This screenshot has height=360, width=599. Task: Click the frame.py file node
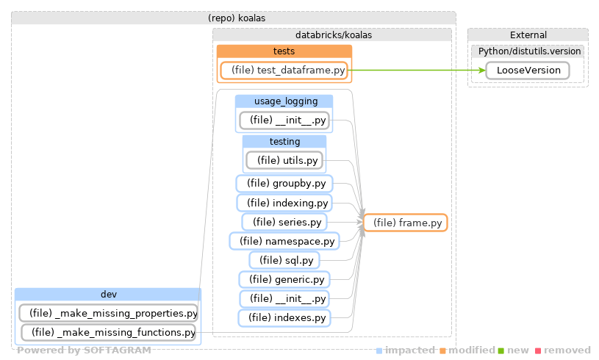[406, 223]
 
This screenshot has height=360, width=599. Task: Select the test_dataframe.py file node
[284, 71]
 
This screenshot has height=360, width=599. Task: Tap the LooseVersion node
[527, 71]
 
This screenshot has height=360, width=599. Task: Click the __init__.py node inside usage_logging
[284, 120]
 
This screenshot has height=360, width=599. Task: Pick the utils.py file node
[284, 160]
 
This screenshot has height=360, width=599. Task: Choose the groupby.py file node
[284, 183]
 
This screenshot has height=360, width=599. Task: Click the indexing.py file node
[284, 203]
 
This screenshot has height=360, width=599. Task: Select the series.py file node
[284, 222]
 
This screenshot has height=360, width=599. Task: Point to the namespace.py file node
[284, 241]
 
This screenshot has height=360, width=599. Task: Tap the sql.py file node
[284, 260]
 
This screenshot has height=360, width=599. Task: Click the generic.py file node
[284, 279]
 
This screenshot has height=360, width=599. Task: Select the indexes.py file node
[284, 318]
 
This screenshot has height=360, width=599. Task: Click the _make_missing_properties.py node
[108, 314]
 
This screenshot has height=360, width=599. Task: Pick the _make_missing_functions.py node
[108, 333]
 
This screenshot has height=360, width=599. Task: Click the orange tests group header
[284, 51]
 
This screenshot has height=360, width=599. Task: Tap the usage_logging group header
[284, 101]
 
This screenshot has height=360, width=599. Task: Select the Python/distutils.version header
[527, 51]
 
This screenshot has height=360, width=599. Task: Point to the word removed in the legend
[567, 350]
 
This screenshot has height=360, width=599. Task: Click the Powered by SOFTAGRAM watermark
[84, 350]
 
